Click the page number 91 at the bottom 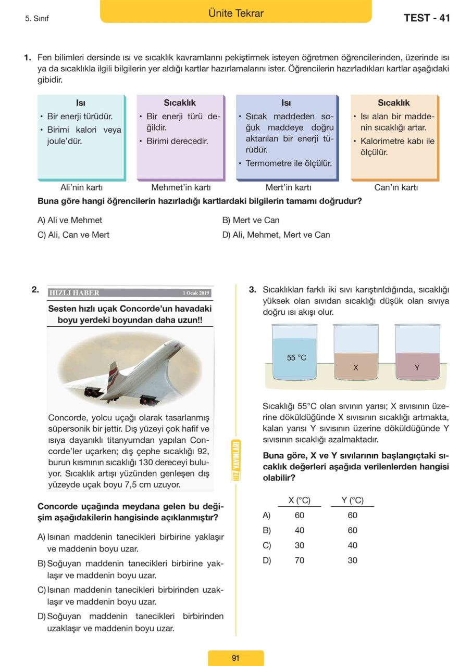pos(235,658)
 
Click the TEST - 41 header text pos(426,18)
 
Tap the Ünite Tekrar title pos(235,14)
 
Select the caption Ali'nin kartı pos(82,187)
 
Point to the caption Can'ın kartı pos(396,187)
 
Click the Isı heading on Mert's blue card pos(286,103)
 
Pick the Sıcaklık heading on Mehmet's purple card pos(180,103)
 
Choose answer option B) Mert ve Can pos(251,220)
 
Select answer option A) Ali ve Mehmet pos(70,220)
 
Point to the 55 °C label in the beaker pos(296,357)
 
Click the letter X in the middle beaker pos(356,367)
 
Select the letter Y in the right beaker pos(417,367)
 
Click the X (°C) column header pos(300,501)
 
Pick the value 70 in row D pos(300,560)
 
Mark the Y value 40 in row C pos(353,545)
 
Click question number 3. pos(252,290)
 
